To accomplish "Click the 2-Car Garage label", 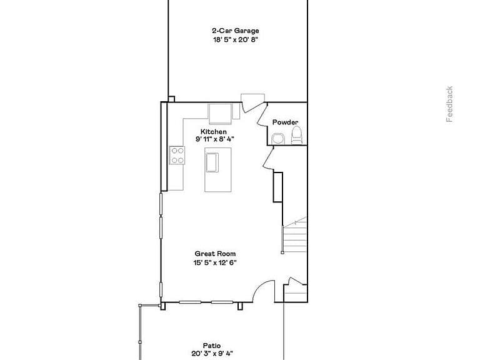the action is point(236,31).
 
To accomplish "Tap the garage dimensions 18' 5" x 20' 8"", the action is point(236,39).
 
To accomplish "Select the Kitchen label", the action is point(214,132).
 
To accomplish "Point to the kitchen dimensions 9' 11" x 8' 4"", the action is point(214,139).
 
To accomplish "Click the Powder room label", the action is point(285,122).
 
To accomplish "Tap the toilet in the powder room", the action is point(296,135).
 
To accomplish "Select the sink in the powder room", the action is point(278,139).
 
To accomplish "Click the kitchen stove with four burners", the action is point(177,155).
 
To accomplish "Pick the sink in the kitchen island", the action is point(212,162).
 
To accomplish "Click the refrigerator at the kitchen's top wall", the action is point(220,114).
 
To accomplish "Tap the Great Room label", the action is point(215,254).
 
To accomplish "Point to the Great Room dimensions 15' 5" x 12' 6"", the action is point(215,262).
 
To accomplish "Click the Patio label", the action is point(212,346).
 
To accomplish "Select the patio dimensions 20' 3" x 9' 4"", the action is point(212,354).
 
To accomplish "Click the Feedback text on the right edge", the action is point(449,104).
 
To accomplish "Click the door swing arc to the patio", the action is point(261,287).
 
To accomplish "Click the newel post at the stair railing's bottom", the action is point(282,252).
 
